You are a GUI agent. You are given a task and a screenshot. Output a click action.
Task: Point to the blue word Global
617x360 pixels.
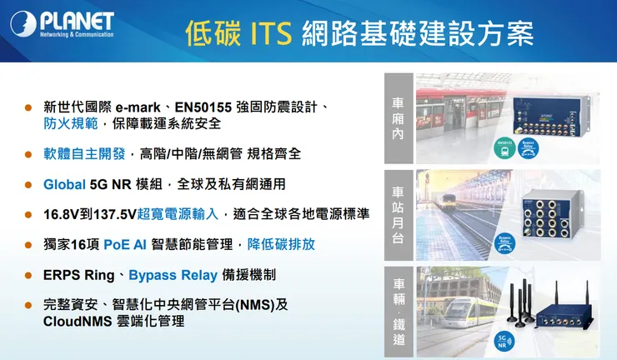coord(65,184)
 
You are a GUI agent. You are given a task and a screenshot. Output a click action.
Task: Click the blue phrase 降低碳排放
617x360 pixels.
coord(282,244)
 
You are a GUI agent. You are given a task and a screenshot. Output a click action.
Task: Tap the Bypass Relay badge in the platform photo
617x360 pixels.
coord(504,242)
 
